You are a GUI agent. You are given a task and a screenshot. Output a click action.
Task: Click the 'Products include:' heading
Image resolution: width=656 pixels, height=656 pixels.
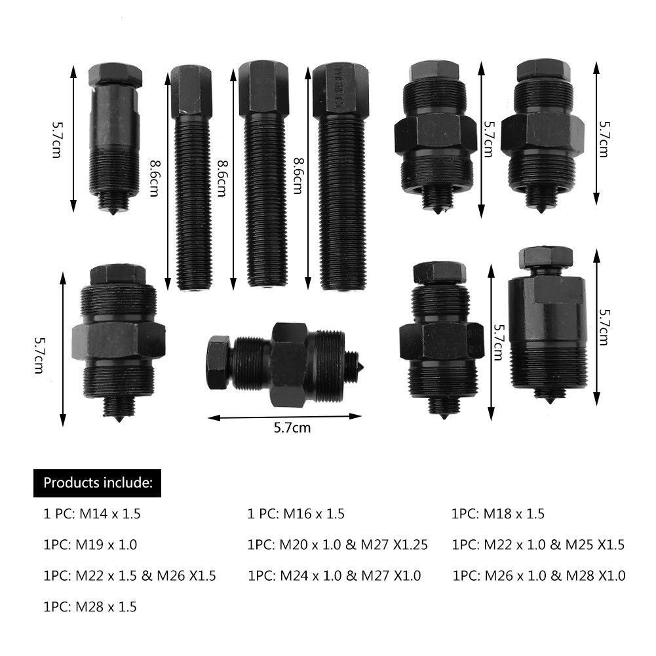pos(98,484)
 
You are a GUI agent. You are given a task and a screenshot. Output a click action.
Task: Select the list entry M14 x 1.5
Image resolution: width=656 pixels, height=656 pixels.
pos(92,514)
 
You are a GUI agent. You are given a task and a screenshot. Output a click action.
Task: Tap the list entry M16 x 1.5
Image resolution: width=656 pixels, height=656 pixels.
pos(296,514)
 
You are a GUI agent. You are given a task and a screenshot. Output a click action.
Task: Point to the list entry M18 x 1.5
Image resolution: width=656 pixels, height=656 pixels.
pos(498,514)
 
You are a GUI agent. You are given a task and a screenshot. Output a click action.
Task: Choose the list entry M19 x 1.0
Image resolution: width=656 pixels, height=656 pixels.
pos(90,545)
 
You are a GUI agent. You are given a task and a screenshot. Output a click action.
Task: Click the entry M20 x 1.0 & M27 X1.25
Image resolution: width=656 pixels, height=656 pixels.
pos(338,545)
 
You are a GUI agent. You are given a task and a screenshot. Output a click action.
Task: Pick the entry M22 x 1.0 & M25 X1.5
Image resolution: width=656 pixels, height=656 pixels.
pos(538,545)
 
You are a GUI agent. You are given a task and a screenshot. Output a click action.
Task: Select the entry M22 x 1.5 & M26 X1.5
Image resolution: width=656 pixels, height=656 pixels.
pos(130,576)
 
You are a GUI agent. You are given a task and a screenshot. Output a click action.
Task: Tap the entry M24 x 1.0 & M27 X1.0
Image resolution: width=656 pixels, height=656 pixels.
pos(335,576)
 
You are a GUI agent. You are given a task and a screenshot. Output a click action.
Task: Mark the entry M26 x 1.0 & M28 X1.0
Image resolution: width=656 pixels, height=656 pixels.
pos(539,576)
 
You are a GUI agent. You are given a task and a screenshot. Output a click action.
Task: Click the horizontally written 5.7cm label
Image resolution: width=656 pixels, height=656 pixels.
pos(292,429)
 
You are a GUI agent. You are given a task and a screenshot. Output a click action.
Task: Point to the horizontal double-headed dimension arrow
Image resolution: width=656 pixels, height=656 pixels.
pos(284,416)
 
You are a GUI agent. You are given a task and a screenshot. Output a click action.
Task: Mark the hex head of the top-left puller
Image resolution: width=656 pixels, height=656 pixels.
pos(115,75)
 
